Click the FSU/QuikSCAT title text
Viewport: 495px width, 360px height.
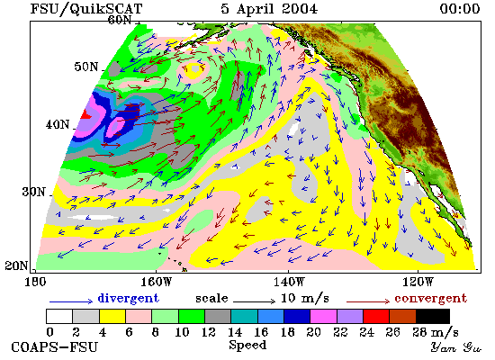(86, 8)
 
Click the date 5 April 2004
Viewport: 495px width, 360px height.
(269, 8)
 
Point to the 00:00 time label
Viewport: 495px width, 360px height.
(460, 8)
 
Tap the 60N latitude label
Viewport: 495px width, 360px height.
(120, 20)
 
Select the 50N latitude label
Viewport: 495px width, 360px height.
(86, 67)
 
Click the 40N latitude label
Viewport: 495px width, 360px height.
(58, 124)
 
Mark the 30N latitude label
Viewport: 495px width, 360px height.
(34, 192)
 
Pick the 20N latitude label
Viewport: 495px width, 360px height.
(16, 265)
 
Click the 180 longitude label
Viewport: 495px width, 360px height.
(35, 282)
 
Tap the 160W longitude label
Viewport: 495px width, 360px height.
(156, 282)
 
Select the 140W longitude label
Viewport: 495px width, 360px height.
(289, 282)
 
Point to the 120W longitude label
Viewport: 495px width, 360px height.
(418, 282)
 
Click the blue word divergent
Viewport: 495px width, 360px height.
(128, 298)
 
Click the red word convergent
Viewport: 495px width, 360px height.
(430, 299)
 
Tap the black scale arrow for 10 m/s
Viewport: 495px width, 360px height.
(255, 301)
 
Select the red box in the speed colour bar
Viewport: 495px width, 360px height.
(376, 317)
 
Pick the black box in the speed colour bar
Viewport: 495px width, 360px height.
(433, 317)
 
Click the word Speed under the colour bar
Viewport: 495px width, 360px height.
(247, 345)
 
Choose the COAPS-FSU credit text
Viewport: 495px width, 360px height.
(54, 346)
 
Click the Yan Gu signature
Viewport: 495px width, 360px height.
(456, 347)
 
